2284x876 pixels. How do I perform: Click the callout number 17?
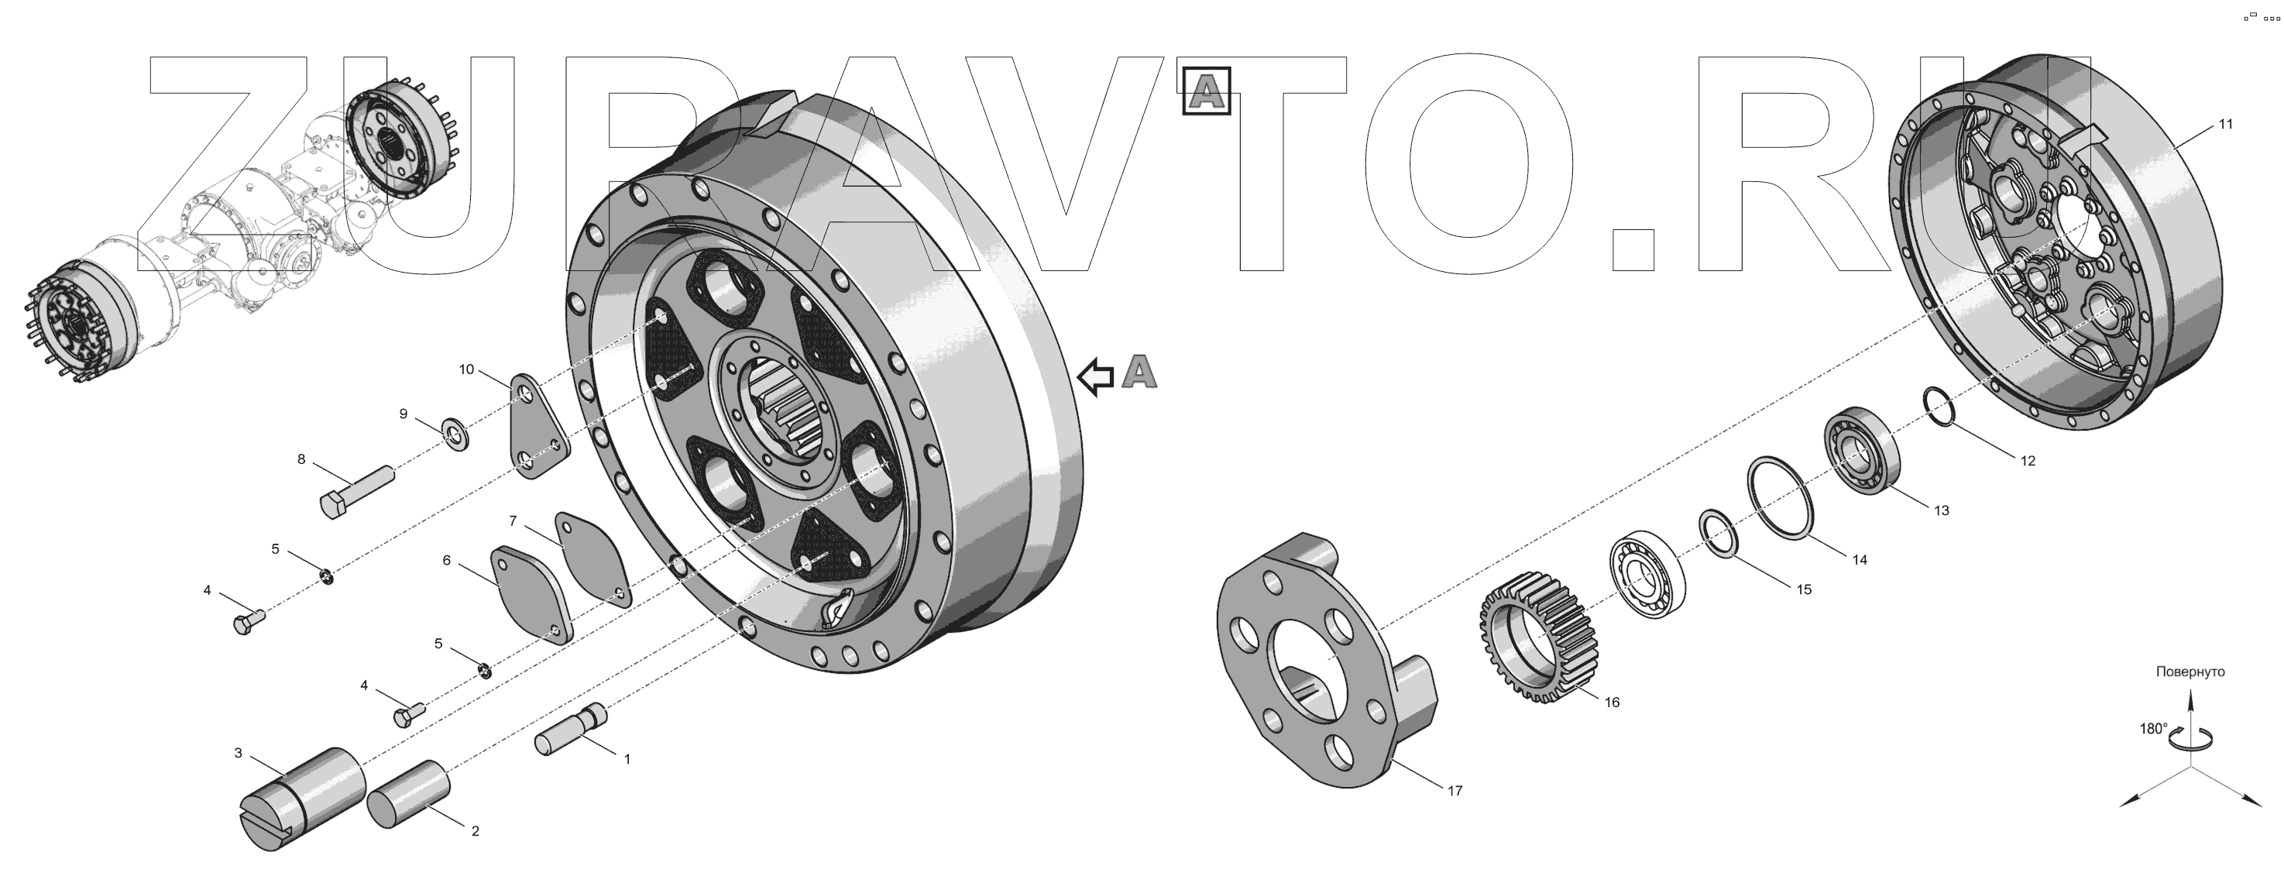coord(1455,791)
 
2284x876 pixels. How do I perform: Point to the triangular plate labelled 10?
coord(540,427)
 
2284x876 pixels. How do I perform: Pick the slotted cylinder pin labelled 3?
coord(301,799)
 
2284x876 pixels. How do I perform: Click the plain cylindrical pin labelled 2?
coord(410,794)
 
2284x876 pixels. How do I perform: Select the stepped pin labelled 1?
coord(571,729)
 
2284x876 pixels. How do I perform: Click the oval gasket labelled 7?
coord(593,558)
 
